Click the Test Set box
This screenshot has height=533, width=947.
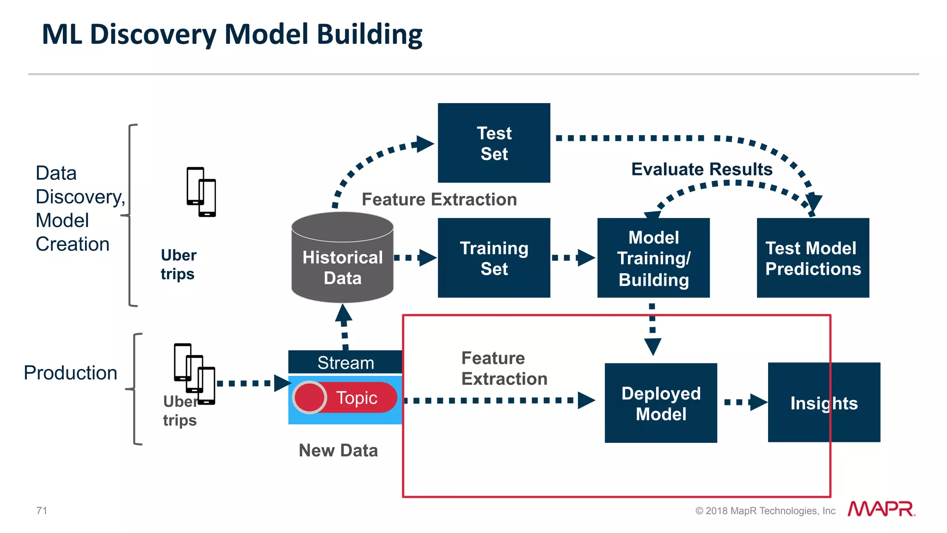click(494, 143)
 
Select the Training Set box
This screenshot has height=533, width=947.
click(494, 258)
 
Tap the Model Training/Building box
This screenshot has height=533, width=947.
click(653, 258)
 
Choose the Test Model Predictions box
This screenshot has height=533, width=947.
click(813, 258)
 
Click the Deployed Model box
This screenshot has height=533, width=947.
click(661, 403)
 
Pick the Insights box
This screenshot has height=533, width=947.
click(824, 403)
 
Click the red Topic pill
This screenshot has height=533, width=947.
click(356, 398)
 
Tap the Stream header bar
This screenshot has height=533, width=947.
click(345, 362)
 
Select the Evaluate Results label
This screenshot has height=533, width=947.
click(701, 169)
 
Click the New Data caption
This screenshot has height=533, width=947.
click(338, 450)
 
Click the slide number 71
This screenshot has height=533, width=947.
click(42, 510)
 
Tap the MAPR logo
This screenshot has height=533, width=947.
click(881, 509)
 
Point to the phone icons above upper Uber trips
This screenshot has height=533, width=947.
click(201, 191)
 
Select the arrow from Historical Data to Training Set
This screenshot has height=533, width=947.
click(415, 257)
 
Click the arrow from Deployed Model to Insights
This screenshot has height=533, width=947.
click(745, 402)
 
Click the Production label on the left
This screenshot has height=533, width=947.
click(70, 373)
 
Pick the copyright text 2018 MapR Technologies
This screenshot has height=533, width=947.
click(765, 511)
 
